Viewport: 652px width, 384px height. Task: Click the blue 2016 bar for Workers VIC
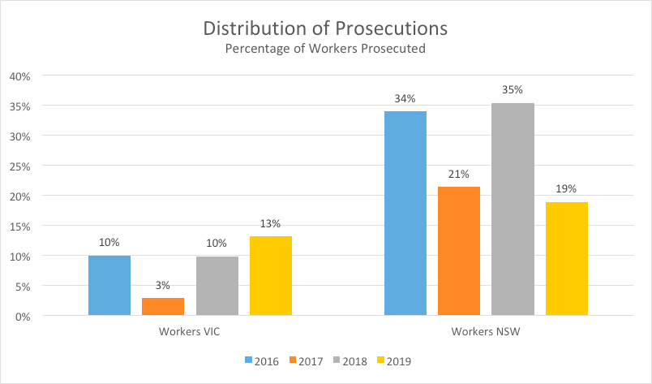pyautogui.click(x=109, y=285)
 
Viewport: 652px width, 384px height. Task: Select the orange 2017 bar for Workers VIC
pyautogui.click(x=163, y=306)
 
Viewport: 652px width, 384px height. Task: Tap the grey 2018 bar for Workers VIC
pyautogui.click(x=217, y=285)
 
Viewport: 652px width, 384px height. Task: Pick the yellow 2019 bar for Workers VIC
pyautogui.click(x=271, y=275)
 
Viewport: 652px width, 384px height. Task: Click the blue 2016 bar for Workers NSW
pyautogui.click(x=405, y=213)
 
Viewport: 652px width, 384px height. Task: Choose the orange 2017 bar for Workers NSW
pyautogui.click(x=459, y=251)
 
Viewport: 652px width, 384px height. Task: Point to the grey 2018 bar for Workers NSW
pyautogui.click(x=513, y=209)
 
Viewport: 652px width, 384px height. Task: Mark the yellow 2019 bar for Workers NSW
pyautogui.click(x=567, y=258)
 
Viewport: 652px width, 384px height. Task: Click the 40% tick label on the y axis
pyautogui.click(x=19, y=76)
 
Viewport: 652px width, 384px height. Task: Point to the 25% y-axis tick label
pyautogui.click(x=19, y=166)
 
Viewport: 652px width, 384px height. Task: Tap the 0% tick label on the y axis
pyautogui.click(x=22, y=317)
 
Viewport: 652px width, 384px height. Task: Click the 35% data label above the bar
pyautogui.click(x=513, y=89)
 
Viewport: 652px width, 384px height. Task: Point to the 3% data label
pyautogui.click(x=163, y=285)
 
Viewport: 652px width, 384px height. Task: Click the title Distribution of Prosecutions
pyautogui.click(x=326, y=28)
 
